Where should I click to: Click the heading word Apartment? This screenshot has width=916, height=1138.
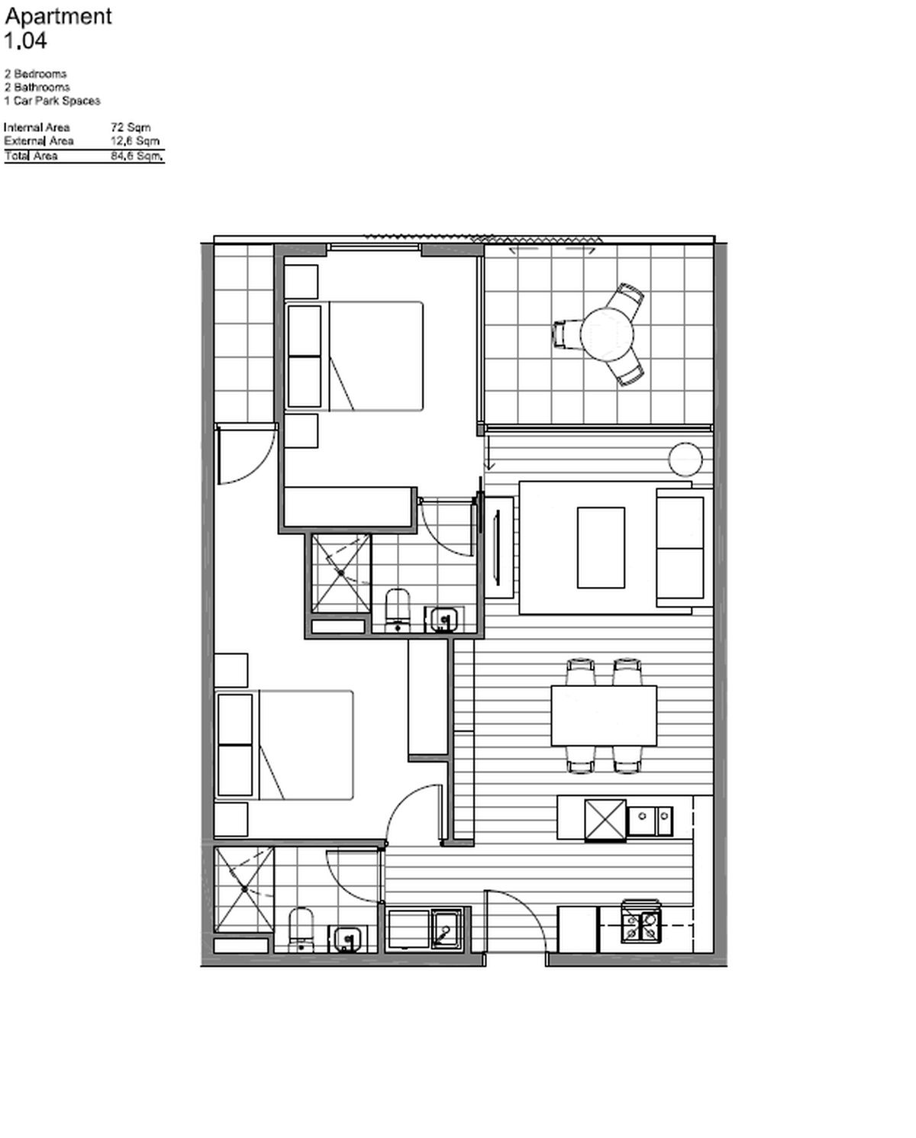[x=58, y=17]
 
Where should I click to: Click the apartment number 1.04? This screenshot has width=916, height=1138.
[x=25, y=40]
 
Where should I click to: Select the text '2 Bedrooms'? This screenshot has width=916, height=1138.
[x=35, y=74]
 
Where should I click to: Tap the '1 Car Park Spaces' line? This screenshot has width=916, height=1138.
[x=52, y=101]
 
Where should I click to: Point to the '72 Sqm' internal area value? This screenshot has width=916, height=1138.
[x=131, y=127]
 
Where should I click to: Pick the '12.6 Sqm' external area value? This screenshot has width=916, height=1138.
[x=135, y=140]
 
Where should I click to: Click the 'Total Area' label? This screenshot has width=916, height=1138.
[x=31, y=156]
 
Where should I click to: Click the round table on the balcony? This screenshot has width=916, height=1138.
[x=607, y=335]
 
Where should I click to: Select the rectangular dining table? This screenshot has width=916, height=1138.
[x=604, y=716]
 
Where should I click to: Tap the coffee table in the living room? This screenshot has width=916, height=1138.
[x=601, y=547]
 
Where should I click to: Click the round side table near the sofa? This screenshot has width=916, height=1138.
[x=685, y=459]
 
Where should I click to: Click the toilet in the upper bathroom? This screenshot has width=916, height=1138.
[x=398, y=611]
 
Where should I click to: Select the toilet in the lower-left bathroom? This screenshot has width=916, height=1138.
[x=301, y=930]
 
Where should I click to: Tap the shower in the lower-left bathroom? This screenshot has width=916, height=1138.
[x=244, y=889]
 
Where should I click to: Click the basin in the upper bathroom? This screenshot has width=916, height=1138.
[x=443, y=620]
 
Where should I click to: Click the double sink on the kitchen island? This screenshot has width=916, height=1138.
[x=650, y=821]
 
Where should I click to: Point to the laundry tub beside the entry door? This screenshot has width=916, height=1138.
[x=447, y=929]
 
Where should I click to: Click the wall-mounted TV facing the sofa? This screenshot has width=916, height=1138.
[x=496, y=547]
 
